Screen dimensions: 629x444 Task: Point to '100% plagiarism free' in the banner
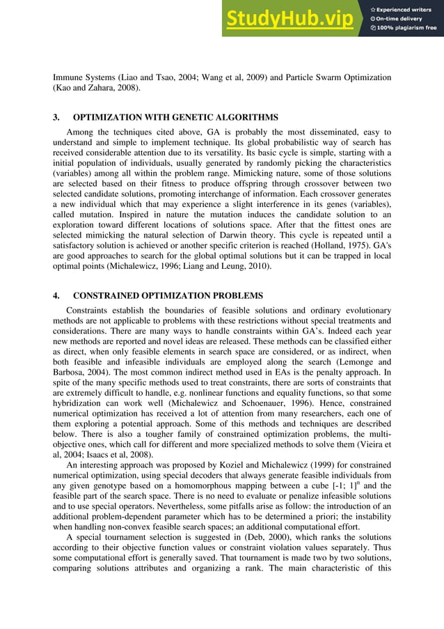407,28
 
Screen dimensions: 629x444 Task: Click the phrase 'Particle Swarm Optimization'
337,77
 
